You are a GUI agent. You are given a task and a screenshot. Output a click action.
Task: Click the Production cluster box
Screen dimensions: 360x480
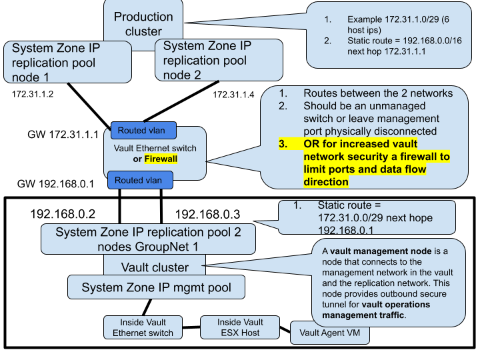pos(143,23)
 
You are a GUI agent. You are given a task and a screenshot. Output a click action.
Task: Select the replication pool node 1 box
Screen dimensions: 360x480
pos(67,62)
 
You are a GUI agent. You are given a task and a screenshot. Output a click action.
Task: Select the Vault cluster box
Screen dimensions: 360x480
pos(155,267)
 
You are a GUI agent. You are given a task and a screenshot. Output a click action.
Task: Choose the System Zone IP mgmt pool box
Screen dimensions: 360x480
pos(156,288)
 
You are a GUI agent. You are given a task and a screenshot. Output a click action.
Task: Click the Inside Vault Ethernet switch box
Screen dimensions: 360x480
pos(143,327)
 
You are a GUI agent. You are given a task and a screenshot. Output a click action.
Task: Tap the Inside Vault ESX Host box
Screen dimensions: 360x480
pos(240,327)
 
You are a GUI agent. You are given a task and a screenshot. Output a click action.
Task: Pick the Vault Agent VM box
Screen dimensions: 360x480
pos(330,332)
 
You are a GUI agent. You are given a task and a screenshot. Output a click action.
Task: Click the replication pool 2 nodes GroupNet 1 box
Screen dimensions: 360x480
pos(148,239)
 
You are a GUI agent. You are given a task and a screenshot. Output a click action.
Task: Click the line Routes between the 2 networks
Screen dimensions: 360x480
pos(378,93)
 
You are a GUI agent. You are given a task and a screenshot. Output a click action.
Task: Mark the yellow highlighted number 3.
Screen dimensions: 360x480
pos(283,144)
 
